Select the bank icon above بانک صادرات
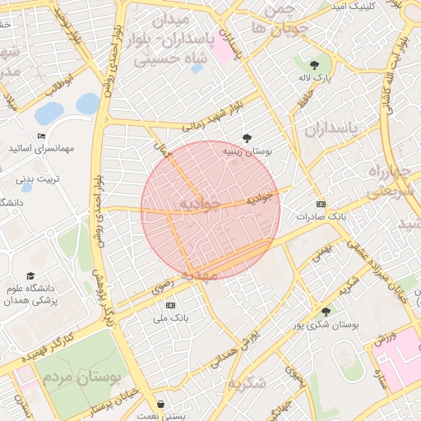pyautogui.click(x=321, y=204)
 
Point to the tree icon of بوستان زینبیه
pyautogui.click(x=248, y=138)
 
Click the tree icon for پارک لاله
pyautogui.click(x=313, y=64)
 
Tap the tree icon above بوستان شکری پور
pyautogui.click(x=326, y=312)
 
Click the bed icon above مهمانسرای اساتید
pyautogui.click(x=42, y=136)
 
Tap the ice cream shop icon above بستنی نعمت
pyautogui.click(x=159, y=405)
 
